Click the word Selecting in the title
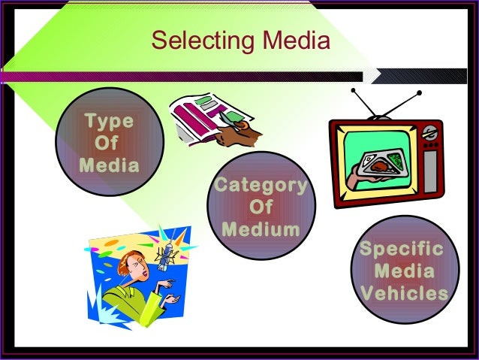pyautogui.click(x=203, y=41)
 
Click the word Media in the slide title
pyautogui.click(x=297, y=40)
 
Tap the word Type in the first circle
pyautogui.click(x=110, y=122)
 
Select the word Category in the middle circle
pyautogui.click(x=261, y=186)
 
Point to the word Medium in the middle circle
pyautogui.click(x=261, y=229)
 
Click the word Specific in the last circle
pyautogui.click(x=402, y=250)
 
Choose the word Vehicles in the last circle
pyautogui.click(x=405, y=292)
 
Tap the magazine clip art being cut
pyautogui.click(x=211, y=119)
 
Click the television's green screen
pyautogui.click(x=377, y=160)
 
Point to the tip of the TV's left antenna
pyautogui.click(x=353, y=90)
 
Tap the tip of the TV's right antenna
pyautogui.click(x=419, y=92)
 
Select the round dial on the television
pyautogui.click(x=429, y=133)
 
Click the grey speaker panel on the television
pyautogui.click(x=430, y=171)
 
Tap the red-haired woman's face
pyautogui.click(x=139, y=268)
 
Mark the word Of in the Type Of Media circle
pyautogui.click(x=107, y=143)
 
